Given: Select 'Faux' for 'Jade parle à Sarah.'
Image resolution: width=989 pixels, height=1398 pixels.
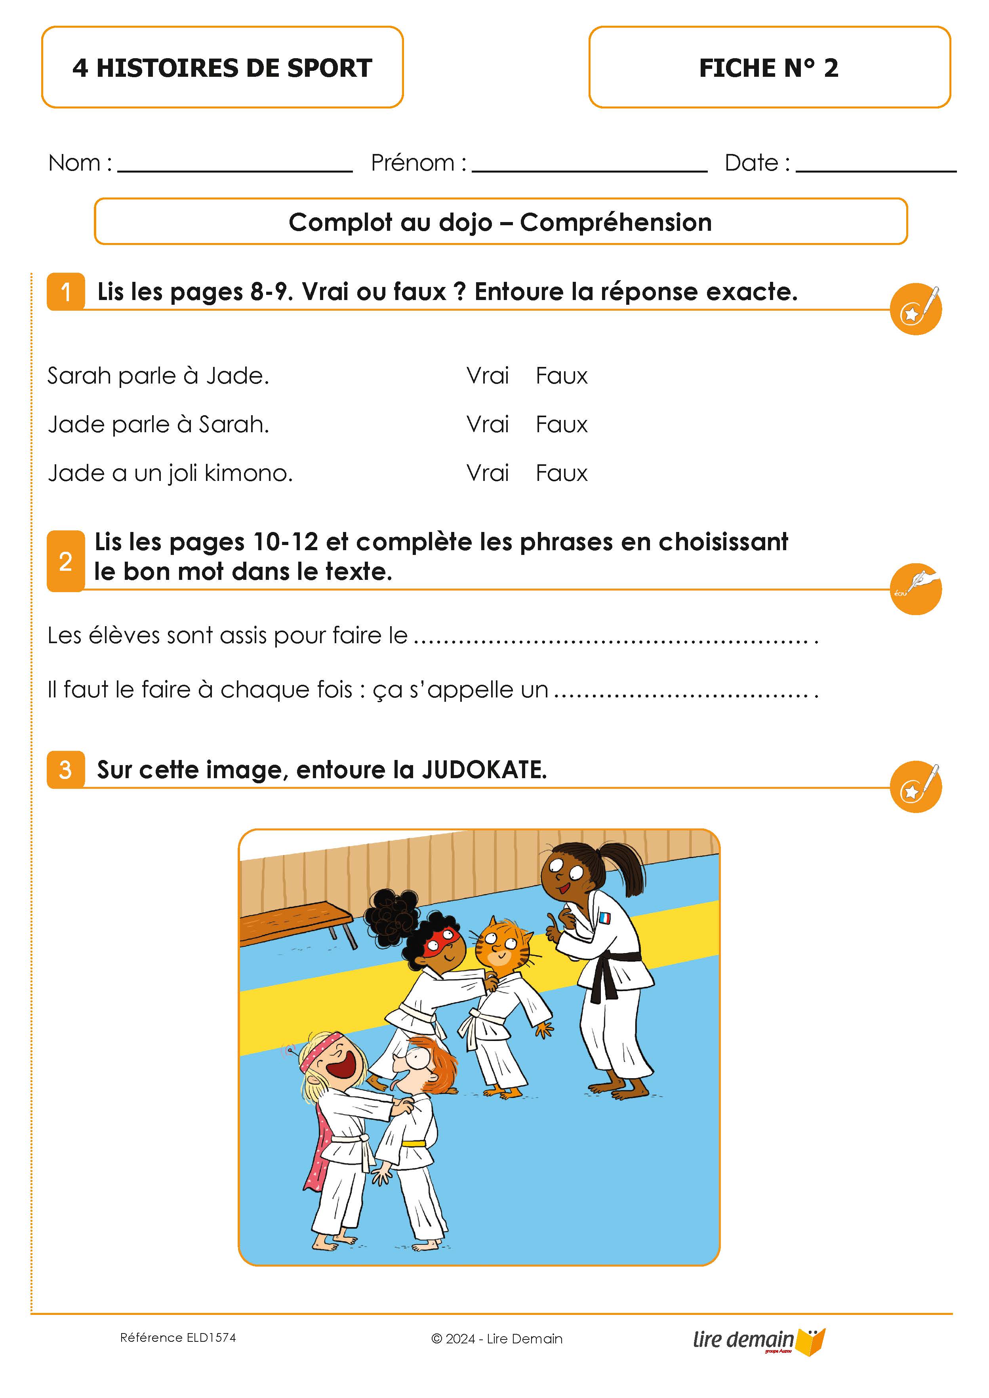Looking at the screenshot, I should (x=561, y=424).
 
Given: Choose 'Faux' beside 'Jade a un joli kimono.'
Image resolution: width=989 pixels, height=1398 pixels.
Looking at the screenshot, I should (x=561, y=473).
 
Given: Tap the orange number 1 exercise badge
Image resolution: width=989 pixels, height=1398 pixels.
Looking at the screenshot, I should (x=66, y=292).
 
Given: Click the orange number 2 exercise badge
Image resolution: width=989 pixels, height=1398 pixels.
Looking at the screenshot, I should (x=66, y=561).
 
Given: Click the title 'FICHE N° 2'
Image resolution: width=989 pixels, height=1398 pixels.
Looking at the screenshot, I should (x=768, y=68).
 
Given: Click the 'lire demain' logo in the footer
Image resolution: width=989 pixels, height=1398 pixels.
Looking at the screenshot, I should (x=758, y=1340).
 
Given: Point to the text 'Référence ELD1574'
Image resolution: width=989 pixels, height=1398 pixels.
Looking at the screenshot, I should (x=178, y=1337).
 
